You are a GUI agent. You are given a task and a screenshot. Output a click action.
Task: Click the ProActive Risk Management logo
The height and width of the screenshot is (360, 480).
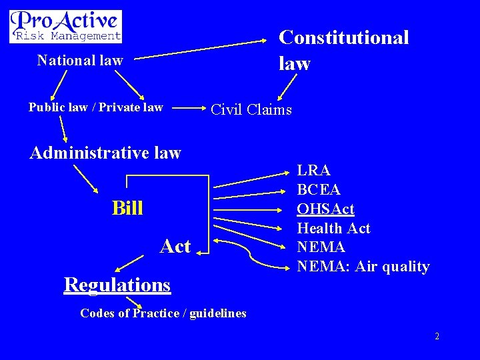pos(65,26)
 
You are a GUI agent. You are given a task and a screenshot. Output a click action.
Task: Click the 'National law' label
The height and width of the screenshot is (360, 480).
pos(80,61)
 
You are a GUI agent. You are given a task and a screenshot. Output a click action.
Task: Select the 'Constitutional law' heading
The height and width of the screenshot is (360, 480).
pos(343,50)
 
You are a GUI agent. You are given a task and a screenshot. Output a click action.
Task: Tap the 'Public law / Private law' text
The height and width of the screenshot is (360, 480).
pos(95,107)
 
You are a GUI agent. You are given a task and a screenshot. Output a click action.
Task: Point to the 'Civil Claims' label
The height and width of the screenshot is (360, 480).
pos(251,109)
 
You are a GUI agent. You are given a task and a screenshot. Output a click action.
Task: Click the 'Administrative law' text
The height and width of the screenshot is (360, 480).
pos(105,153)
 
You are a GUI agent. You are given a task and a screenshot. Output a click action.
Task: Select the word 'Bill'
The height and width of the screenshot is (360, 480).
pos(127,209)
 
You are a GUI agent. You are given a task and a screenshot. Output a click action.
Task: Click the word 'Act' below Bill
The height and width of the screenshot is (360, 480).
pos(175,247)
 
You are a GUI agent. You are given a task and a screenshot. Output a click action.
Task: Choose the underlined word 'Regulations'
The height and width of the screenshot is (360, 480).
pos(117,285)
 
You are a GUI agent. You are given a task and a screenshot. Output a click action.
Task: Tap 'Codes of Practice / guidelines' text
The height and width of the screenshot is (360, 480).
pos(163,313)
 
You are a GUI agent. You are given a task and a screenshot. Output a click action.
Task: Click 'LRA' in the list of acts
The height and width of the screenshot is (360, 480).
pos(313,171)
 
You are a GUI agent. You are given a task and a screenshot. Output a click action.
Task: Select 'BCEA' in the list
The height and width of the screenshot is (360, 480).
pos(319,190)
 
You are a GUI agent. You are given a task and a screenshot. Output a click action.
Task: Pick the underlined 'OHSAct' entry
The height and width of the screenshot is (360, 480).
pos(325,209)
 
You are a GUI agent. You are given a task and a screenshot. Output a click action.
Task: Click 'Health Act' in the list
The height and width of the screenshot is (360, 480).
pos(333,229)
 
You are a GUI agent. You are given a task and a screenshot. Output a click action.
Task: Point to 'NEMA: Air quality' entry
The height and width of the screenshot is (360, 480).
pos(363,267)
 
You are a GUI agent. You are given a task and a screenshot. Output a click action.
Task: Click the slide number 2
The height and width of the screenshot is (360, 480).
pos(437,337)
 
